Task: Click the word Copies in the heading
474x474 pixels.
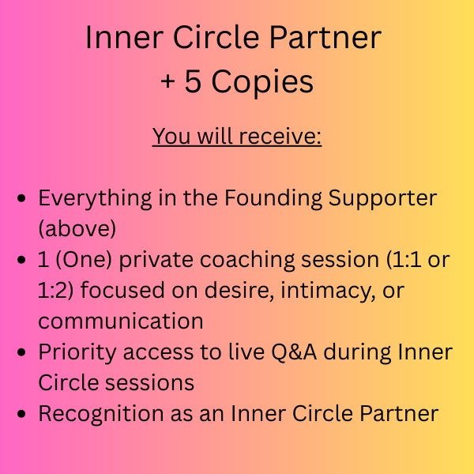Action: tap(262, 82)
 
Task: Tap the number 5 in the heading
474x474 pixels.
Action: tap(193, 81)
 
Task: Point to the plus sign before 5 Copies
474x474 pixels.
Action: tap(167, 81)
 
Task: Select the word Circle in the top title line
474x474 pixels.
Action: tap(216, 37)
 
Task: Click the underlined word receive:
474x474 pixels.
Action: tap(280, 136)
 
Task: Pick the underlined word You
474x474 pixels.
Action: tap(171, 137)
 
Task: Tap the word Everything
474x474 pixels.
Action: tap(95, 199)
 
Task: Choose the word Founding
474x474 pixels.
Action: tap(273, 198)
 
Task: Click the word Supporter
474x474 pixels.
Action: tap(382, 199)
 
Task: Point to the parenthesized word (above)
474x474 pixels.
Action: tap(77, 228)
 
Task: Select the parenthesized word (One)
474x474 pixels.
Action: tap(84, 260)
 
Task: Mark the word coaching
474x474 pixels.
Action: tap(247, 261)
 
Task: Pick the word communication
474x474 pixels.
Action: tap(121, 321)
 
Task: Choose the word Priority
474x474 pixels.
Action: tap(77, 353)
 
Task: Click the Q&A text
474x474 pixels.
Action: tap(294, 352)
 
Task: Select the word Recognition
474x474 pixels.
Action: tap(101, 414)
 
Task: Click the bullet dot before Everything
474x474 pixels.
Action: tap(21, 198)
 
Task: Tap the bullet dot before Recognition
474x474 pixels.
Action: tap(21, 414)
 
